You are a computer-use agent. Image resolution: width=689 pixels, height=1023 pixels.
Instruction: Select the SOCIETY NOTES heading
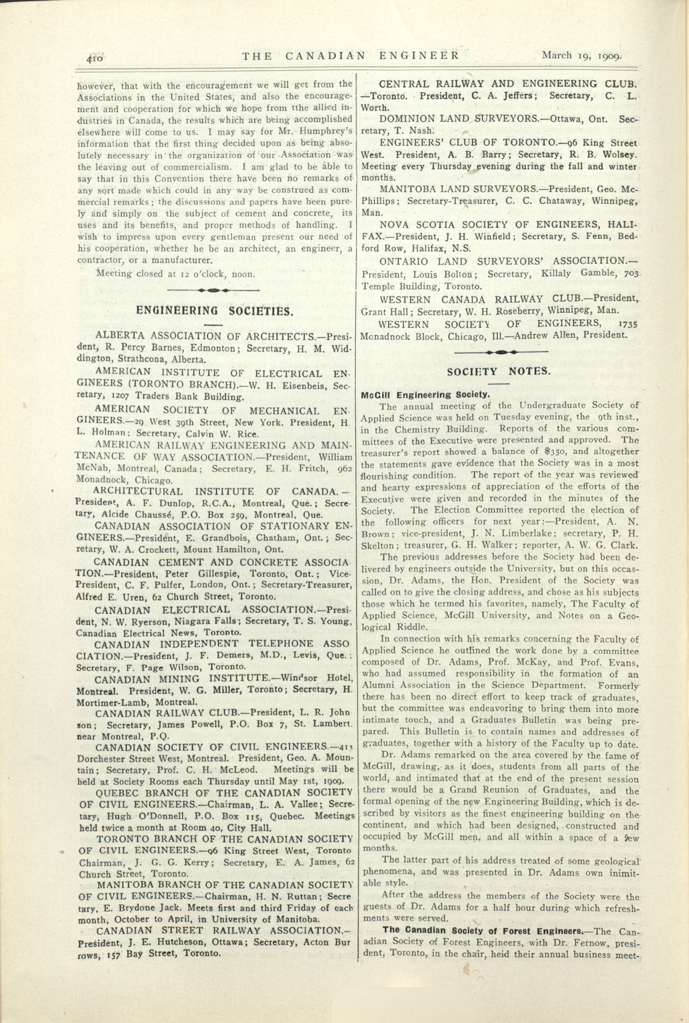point(498,371)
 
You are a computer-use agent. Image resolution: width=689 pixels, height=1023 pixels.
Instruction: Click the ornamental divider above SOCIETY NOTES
point(501,352)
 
